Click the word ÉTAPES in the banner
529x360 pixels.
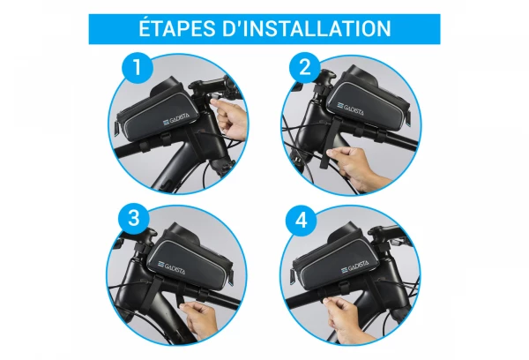click(x=178, y=28)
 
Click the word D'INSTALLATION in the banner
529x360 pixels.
click(x=307, y=28)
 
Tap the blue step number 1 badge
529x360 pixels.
click(x=138, y=68)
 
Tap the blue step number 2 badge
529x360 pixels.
click(x=305, y=68)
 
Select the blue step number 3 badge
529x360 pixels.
click(x=134, y=218)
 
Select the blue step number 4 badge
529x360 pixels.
click(x=302, y=221)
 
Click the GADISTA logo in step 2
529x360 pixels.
click(x=350, y=109)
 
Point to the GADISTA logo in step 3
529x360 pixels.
click(x=171, y=266)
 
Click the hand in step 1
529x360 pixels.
click(x=230, y=119)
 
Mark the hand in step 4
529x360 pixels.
click(x=347, y=319)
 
